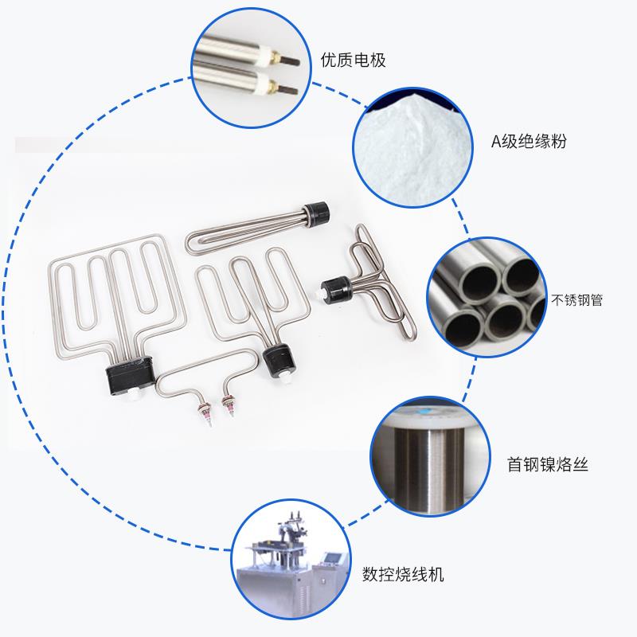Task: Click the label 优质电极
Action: pyautogui.click(x=353, y=60)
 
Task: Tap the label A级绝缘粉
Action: pyautogui.click(x=533, y=143)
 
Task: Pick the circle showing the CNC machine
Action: pyautogui.click(x=291, y=569)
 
